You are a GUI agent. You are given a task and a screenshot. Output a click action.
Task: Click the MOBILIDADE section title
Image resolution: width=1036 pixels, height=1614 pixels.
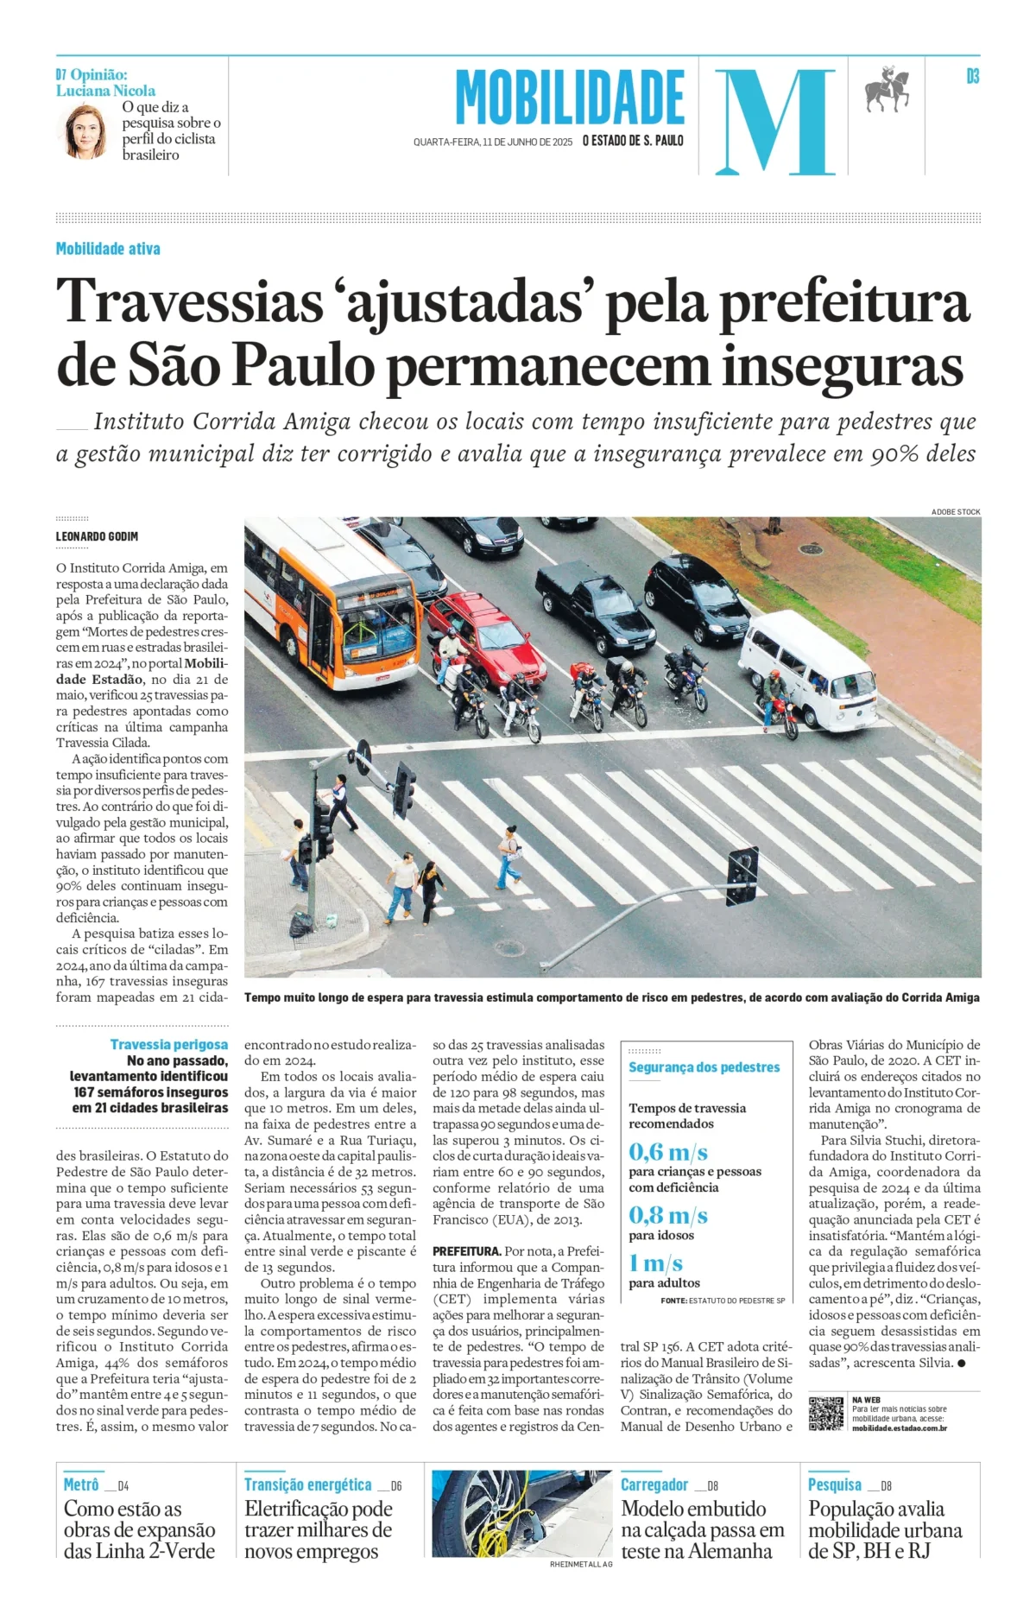point(570,98)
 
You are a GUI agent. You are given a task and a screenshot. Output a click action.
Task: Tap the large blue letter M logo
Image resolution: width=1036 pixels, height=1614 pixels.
point(774,122)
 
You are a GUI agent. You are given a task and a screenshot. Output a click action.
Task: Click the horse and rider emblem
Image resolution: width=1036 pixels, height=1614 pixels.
point(888,88)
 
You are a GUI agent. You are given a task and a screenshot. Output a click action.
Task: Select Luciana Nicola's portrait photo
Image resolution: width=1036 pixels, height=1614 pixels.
point(85,131)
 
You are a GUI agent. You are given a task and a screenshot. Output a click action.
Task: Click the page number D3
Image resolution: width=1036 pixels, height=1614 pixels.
point(972,77)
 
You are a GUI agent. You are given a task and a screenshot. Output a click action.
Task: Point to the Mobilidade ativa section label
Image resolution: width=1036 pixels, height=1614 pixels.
point(108,249)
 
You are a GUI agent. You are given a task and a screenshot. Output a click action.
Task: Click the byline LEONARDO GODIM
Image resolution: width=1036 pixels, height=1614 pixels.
point(97,536)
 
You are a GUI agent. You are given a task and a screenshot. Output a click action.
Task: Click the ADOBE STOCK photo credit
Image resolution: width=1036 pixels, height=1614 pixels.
point(955,512)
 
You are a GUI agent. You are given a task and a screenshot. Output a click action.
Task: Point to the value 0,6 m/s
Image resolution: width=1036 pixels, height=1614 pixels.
point(667,1152)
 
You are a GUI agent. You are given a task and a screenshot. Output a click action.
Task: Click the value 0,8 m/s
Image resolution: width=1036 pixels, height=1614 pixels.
point(667,1216)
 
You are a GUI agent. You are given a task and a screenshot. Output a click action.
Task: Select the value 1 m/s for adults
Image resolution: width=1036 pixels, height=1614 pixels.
point(655,1263)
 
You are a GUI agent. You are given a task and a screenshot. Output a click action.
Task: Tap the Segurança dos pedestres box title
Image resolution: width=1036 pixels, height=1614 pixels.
point(704,1067)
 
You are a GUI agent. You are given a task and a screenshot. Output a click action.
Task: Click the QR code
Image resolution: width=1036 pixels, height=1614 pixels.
point(825,1413)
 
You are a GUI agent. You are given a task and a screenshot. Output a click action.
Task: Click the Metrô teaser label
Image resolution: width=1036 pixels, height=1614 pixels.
point(81,1484)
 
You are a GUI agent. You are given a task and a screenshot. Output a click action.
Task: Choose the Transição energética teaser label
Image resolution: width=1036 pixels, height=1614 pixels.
point(307,1484)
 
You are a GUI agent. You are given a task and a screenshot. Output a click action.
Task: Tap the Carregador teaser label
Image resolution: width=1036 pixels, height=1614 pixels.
point(654,1484)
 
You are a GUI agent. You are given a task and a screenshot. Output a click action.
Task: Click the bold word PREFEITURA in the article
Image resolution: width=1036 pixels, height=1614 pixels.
point(466,1250)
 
